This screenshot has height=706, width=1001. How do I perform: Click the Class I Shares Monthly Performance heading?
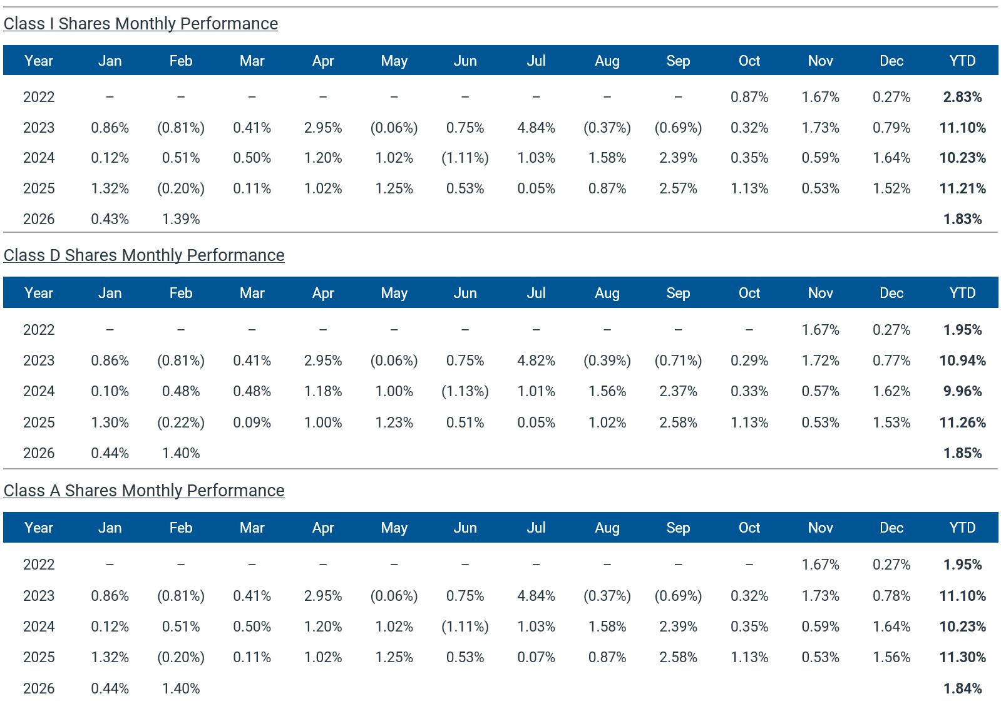coord(140,24)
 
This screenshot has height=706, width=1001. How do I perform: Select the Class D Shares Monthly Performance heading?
coord(143,255)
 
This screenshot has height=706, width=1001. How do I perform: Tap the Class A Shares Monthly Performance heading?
coord(143,491)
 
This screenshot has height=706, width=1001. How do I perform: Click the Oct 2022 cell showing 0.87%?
coord(749,97)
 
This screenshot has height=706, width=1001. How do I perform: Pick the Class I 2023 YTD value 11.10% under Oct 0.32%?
coord(962,128)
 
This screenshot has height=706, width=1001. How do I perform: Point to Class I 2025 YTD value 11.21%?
coord(962,188)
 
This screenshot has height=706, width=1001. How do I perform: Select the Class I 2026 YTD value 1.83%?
coord(962,219)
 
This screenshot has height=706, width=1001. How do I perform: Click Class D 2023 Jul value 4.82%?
coord(536,361)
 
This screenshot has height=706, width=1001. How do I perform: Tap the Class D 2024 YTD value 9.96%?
coord(962,391)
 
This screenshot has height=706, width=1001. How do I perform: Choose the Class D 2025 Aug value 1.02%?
coord(607,422)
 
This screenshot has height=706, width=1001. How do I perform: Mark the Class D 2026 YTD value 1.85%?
coord(962,453)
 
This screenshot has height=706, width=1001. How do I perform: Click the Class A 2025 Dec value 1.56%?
coord(891,657)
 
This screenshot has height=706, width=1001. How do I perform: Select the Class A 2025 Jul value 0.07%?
coord(536,657)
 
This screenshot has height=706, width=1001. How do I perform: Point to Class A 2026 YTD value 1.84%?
coord(962,688)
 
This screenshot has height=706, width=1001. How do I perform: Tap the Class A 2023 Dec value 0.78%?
coord(891,596)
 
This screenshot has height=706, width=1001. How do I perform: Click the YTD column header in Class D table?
coord(962,293)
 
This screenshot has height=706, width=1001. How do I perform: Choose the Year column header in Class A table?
coord(39,528)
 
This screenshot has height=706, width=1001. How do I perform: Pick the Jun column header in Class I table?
coord(465,61)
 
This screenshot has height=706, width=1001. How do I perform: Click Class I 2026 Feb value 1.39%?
coord(181,219)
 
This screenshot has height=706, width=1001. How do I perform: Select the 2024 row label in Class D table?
coord(39,391)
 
